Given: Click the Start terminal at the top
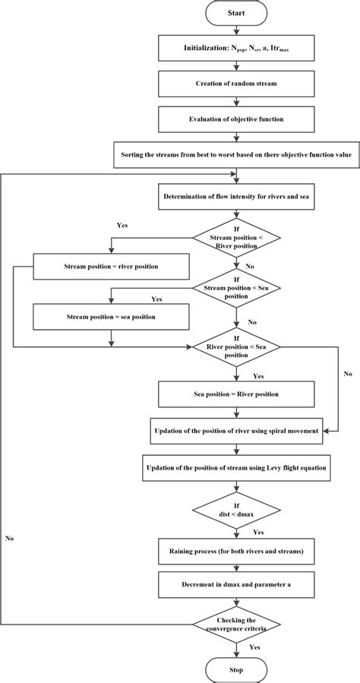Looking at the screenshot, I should (235, 14).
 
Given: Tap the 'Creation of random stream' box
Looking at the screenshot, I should (235, 84).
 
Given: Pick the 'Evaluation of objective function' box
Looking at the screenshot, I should (235, 119).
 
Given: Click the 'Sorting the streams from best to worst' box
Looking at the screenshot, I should (235, 154).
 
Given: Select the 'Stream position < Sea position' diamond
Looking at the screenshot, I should (235, 289).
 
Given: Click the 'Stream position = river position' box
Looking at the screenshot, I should (111, 267).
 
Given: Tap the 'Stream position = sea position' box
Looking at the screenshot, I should (111, 315).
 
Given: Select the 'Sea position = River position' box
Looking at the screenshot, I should (235, 394).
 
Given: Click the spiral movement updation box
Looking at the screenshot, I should (235, 430).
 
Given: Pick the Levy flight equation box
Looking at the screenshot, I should (235, 466).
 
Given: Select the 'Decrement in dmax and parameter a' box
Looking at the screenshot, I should (235, 586).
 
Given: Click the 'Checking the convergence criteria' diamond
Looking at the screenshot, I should (235, 625).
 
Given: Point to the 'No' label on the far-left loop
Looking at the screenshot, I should (9, 537).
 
